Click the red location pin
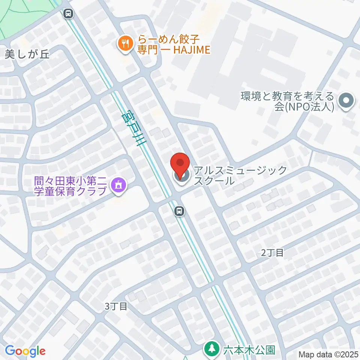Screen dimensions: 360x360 180,165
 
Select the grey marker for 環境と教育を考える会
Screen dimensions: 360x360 346,100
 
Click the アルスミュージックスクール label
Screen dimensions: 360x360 240,175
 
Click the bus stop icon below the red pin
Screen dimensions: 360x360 180,211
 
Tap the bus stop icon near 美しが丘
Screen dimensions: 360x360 68,14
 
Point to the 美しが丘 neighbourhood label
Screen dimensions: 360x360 27,55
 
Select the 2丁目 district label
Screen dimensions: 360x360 273,253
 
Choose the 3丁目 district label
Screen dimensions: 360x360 116,306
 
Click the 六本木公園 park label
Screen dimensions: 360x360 249,350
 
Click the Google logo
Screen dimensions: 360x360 25,351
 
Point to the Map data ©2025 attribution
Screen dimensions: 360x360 328,354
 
